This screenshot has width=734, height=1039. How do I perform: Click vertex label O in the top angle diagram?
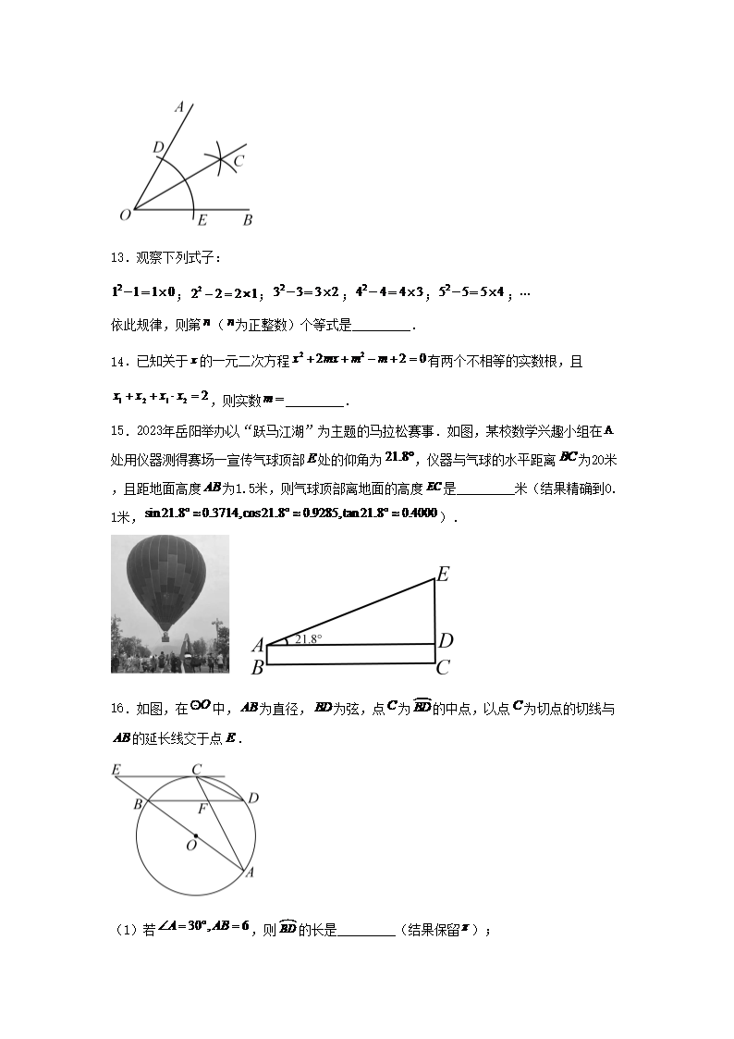pos(125,215)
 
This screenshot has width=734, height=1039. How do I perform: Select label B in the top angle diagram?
pos(248,220)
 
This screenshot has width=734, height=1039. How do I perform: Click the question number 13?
pos(117,258)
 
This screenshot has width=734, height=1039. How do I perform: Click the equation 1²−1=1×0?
pos(144,292)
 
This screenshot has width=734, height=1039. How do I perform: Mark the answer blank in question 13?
pos(382,326)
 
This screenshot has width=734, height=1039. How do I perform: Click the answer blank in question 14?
pos(316,402)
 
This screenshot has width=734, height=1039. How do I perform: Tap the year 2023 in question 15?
pos(149,430)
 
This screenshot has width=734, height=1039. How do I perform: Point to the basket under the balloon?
pos(165,636)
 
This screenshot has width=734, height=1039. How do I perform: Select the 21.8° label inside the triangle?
pos(307,638)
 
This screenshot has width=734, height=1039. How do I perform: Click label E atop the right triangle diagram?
pos(443,575)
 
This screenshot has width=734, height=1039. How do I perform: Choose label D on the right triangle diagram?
pos(445,640)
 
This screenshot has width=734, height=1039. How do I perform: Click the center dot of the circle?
pos(195,835)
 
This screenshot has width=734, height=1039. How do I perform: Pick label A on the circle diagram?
pos(249,872)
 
